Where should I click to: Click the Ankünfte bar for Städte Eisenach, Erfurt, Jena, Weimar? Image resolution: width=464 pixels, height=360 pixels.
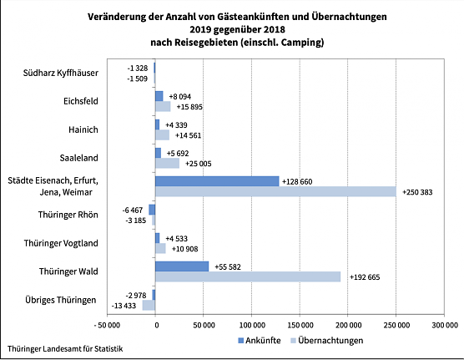(217, 181)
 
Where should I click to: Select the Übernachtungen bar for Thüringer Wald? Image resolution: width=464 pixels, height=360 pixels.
(248, 276)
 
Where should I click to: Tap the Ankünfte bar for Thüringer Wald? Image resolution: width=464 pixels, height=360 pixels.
(182, 266)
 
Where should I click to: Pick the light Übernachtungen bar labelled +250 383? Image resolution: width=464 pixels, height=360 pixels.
(275, 192)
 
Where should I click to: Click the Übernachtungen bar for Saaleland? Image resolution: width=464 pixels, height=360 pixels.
(167, 164)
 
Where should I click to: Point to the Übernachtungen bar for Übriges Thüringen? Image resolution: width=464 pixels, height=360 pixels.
(149, 306)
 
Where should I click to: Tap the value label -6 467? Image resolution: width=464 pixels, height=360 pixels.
(134, 210)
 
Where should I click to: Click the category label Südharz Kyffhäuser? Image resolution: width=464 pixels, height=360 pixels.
(61, 73)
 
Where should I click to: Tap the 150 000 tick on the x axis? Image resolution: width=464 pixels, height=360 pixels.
(300, 324)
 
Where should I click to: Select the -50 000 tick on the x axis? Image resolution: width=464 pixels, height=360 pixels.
(105, 324)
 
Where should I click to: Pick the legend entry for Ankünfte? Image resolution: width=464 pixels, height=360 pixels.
(259, 341)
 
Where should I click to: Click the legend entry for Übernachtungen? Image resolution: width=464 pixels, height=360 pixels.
(322, 341)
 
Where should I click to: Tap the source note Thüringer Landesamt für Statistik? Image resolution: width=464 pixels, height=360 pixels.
(64, 347)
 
